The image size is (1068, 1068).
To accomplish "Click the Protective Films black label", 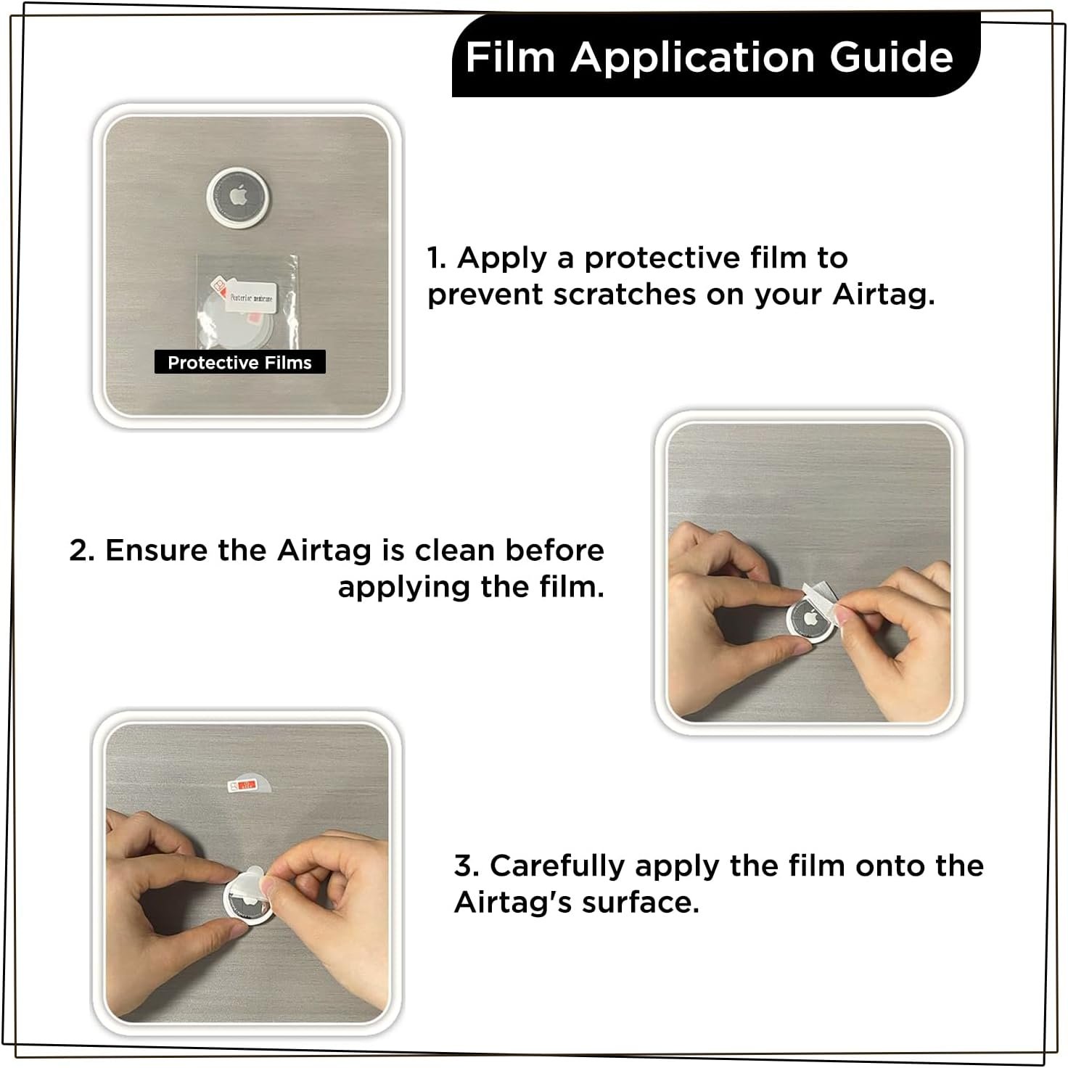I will (239, 363).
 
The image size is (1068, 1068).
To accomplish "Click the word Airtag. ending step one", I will (883, 295).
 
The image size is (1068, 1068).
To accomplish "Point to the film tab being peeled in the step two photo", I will (820, 591).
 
